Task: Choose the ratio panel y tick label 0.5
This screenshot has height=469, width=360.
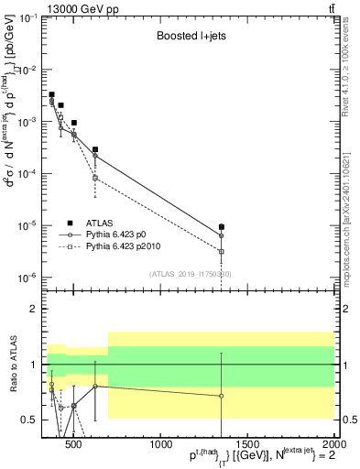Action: coord(30,420)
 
